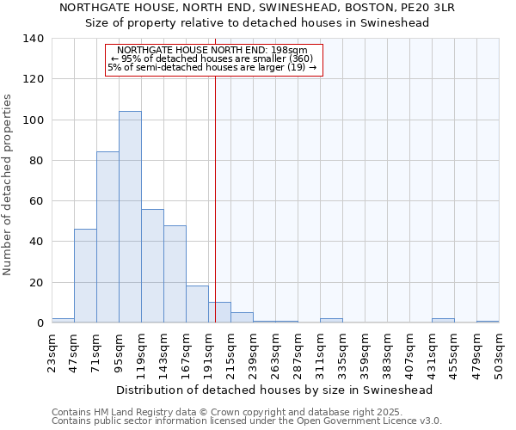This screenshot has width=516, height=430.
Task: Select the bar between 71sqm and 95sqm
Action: [x=107, y=237]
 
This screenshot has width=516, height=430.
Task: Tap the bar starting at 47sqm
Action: [x=85, y=275]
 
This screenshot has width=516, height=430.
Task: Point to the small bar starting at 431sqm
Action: [x=443, y=320]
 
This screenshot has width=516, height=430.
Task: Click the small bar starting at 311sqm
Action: [x=331, y=320]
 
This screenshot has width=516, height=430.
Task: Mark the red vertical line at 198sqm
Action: [x=215, y=189]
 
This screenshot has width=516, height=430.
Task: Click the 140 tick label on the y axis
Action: [x=33, y=39]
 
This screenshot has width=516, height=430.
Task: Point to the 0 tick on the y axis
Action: [x=39, y=323]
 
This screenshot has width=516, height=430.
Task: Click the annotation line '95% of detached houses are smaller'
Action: [x=212, y=58]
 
